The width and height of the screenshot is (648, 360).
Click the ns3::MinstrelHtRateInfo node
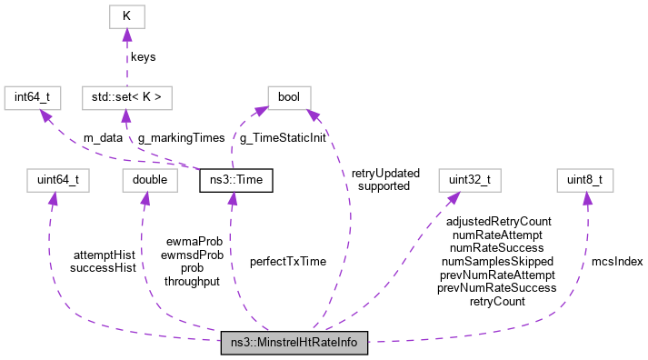coord(294,344)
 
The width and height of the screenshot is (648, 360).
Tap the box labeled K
coord(127,16)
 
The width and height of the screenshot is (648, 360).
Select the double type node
coord(150,180)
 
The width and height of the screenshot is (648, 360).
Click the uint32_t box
coord(470,180)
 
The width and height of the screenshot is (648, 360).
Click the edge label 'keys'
coord(143,56)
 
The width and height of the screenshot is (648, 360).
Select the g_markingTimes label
coord(180,138)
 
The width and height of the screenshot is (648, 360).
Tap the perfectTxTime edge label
coord(288,261)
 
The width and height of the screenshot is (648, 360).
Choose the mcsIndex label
coord(617,261)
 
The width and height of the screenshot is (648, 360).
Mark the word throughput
coord(192,282)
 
